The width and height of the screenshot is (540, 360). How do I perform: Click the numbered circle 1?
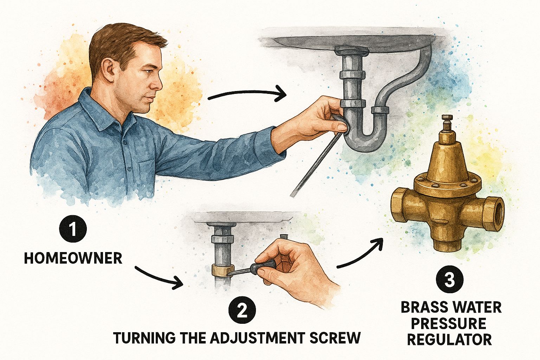[72, 229]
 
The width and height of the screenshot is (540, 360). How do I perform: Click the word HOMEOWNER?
[73, 258]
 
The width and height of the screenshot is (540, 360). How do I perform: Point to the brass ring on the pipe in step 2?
[223, 270]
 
